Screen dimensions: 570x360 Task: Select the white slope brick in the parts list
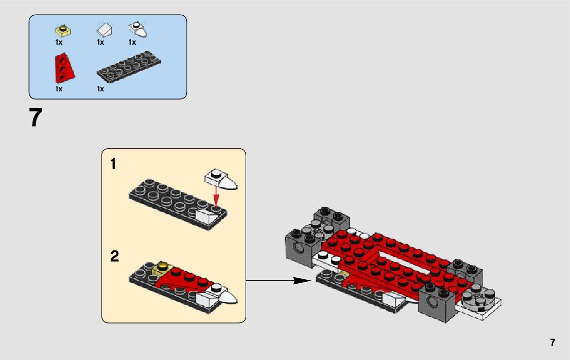click(105, 30)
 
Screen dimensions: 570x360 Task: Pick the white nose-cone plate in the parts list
click(138, 29)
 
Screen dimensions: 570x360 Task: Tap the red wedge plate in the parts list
click(64, 69)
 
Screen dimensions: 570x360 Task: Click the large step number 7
click(36, 117)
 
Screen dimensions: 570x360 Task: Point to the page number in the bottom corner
click(553, 342)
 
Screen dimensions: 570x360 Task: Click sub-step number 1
click(113, 164)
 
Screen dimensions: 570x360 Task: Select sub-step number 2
click(115, 256)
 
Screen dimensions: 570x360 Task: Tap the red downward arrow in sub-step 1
click(217, 197)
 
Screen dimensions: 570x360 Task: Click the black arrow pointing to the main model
click(279, 281)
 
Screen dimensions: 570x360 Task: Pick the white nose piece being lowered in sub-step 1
click(221, 179)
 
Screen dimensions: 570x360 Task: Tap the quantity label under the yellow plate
click(59, 43)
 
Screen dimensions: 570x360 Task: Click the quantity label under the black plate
click(100, 89)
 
